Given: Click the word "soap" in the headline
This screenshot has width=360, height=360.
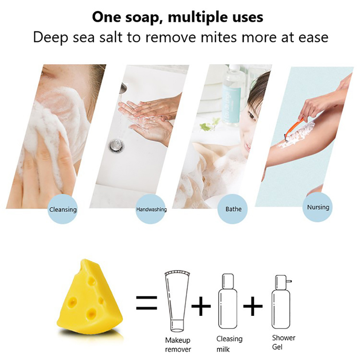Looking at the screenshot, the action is click(142, 17).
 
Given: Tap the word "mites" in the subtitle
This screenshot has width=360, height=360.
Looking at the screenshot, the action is click(218, 37).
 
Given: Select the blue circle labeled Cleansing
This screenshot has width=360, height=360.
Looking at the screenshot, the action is click(63, 209).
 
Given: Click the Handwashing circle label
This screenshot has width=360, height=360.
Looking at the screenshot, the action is click(151, 209).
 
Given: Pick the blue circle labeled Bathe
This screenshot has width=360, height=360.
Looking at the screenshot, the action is click(233, 209).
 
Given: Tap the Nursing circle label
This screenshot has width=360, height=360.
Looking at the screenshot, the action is click(318, 207).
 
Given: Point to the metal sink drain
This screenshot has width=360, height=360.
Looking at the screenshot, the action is click(117, 145).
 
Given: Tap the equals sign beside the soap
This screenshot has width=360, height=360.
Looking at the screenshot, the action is click(147, 302).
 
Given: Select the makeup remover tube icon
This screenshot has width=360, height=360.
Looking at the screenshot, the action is click(177, 302).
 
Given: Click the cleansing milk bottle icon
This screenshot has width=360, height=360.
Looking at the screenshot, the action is click(228, 301).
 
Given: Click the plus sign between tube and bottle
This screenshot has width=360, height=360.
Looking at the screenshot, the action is click(201, 306).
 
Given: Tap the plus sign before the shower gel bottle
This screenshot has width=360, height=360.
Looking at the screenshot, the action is click(253, 306).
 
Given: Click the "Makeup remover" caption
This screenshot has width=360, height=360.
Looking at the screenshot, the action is click(178, 344).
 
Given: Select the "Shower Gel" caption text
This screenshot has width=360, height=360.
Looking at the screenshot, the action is click(283, 342).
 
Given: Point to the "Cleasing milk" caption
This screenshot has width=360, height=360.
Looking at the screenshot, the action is click(229, 344).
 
